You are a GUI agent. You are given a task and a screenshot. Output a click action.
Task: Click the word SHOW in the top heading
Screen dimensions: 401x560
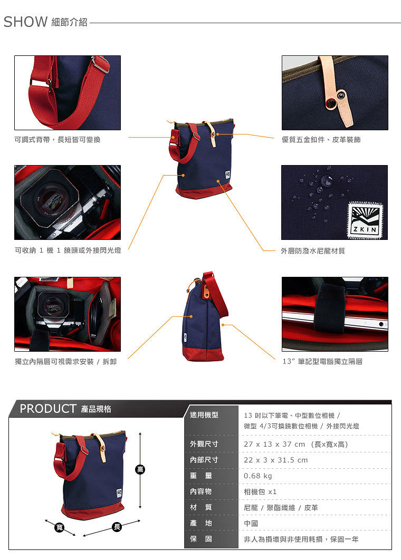point(25,22)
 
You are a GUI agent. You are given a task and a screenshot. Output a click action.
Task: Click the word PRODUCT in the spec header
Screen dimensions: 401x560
point(48,409)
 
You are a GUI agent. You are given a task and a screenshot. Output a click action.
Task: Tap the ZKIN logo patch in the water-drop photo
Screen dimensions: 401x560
point(365,220)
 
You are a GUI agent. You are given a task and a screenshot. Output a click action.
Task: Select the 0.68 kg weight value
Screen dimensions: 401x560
point(257,476)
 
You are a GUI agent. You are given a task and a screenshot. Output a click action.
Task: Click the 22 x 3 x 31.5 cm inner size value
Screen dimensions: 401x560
point(275,460)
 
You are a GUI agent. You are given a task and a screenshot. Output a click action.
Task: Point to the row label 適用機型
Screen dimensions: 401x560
point(204,415)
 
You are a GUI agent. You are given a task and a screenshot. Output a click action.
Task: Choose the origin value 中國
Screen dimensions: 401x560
point(251,524)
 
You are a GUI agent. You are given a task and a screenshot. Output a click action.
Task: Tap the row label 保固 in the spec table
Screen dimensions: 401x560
point(201,539)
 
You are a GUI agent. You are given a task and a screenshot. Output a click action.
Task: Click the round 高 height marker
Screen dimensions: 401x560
point(140,469)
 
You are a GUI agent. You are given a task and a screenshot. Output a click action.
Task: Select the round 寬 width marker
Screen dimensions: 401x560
point(59,527)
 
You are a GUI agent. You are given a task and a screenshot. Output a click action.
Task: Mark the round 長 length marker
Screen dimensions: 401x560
point(117,527)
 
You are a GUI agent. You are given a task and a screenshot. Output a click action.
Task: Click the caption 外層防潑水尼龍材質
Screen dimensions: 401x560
point(313,250)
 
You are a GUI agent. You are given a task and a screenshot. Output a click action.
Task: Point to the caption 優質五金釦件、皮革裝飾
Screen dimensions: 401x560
point(321,140)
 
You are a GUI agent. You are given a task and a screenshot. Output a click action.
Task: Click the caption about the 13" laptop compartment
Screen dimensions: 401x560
point(322,361)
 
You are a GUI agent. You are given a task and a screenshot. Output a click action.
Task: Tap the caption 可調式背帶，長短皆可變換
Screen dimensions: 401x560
point(57,140)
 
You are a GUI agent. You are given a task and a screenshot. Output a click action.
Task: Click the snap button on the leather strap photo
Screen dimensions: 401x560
point(332,103)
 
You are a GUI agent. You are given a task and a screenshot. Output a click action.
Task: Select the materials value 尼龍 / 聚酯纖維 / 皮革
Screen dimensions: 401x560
point(281,507)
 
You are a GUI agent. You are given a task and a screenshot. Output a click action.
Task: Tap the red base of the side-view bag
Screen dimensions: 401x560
point(203,352)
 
